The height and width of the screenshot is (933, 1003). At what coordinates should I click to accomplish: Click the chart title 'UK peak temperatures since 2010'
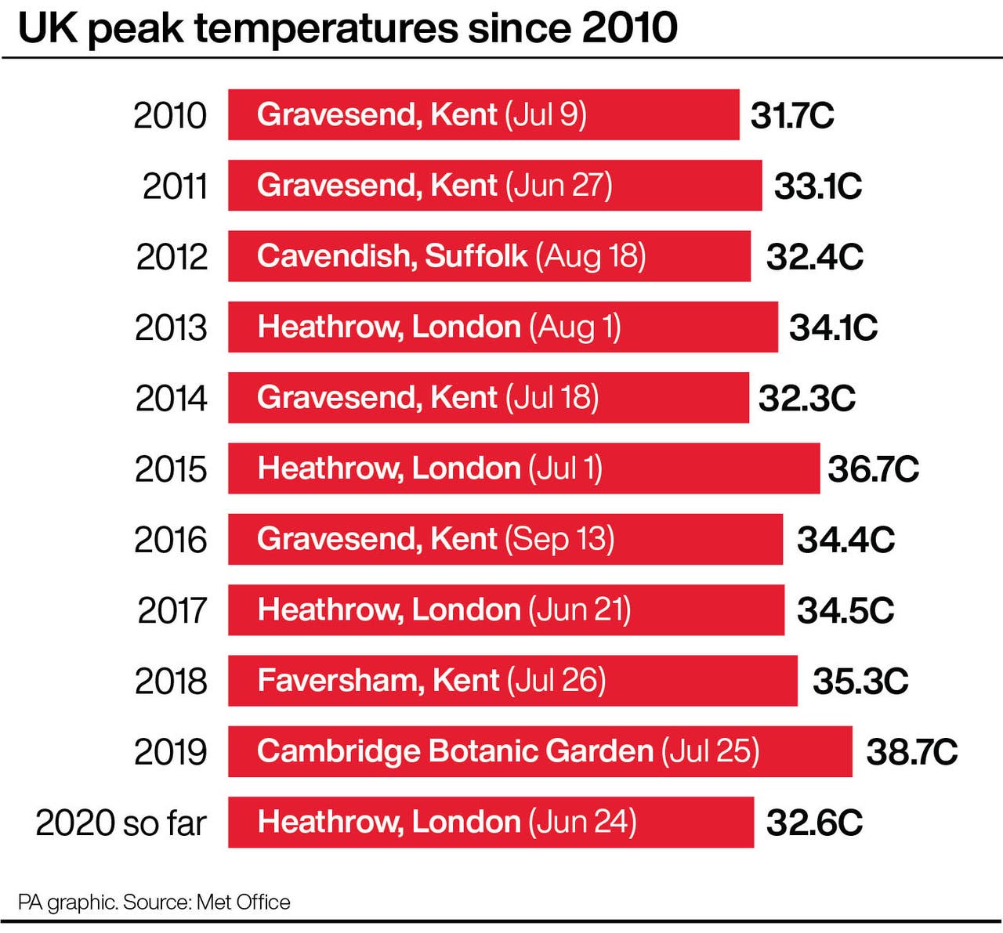pos(347,29)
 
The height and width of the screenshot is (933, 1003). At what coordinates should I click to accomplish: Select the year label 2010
pos(170,116)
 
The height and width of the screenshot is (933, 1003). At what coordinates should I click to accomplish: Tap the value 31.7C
pos(792,116)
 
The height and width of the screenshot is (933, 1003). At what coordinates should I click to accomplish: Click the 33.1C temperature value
pos(817,186)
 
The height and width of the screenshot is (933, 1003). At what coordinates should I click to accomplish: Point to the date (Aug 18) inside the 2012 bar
pos(591,256)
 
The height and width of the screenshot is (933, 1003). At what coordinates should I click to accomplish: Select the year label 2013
pos(171,327)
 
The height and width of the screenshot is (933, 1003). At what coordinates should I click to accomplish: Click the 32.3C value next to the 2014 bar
pos(806,398)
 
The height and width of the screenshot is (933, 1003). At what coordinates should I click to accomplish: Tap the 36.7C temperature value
pos(873,469)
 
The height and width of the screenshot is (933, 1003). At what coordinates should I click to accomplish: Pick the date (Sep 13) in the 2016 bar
pos(559,539)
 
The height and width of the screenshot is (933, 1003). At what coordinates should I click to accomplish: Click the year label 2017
pos(172,610)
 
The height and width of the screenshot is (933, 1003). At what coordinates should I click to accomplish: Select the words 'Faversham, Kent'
pos(378,680)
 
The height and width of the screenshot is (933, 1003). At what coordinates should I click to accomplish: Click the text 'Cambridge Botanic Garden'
pos(454,751)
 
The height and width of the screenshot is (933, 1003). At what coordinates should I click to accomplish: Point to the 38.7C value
pos(911,752)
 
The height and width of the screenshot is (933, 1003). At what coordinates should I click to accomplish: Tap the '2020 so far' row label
pos(121,823)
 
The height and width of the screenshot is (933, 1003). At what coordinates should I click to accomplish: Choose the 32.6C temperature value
pos(814,823)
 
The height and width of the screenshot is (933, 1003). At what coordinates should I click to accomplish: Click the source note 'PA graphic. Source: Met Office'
pos(154,902)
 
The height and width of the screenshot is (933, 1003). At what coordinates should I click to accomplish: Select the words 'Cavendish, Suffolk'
pos(392,256)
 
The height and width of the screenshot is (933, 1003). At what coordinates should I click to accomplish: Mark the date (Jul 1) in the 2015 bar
pos(565,468)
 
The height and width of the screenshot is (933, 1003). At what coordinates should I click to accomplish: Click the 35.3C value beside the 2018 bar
pos(860,681)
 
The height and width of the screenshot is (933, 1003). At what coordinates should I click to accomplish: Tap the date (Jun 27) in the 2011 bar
pos(559,186)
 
